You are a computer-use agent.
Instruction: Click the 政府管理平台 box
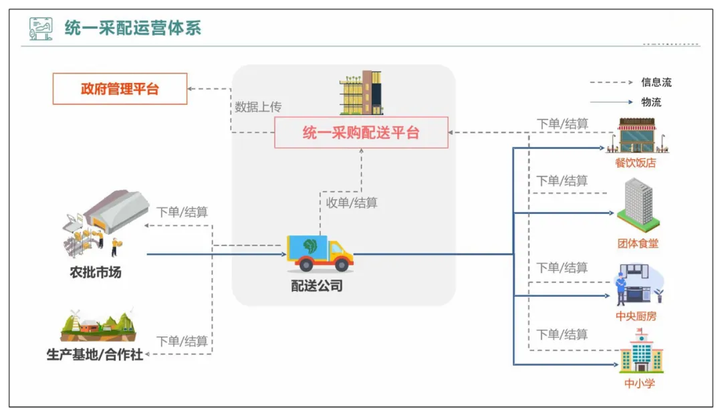[120, 89]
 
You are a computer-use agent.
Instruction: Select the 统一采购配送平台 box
[361, 132]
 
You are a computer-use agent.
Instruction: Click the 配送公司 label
[317, 286]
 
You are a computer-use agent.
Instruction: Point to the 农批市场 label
[96, 273]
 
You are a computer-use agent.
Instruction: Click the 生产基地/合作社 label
[94, 354]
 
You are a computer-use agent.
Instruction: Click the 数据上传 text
[257, 107]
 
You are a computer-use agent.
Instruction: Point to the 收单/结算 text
[352, 202]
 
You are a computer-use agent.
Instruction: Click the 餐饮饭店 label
[635, 163]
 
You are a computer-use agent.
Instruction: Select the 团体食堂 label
[638, 243]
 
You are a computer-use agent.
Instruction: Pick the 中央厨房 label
[636, 316]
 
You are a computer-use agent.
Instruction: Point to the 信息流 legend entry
[656, 82]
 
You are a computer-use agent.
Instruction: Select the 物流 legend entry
[651, 102]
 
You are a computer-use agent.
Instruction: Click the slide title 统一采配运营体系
[132, 28]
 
